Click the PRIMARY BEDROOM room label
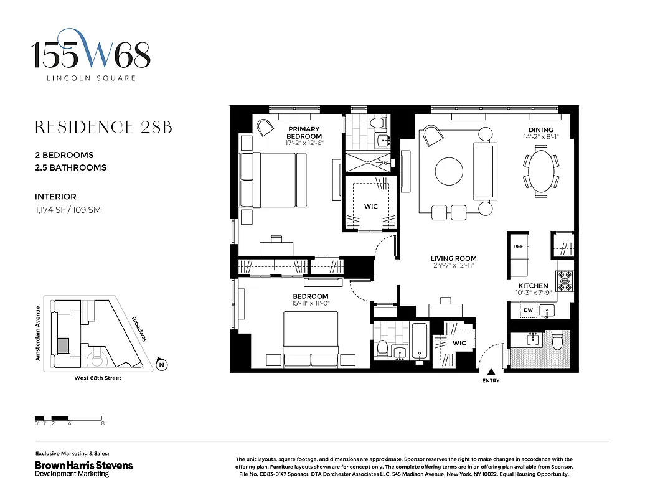pos(304,133)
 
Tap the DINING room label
pos(540,130)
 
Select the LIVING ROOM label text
pos(454,258)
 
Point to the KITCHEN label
pos(534,286)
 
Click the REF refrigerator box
pos(518,247)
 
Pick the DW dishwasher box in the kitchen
pos(527,310)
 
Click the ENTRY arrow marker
pos(491,372)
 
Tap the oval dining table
pos(541,172)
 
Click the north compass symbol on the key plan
pos(161,365)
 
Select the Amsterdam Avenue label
pos(38,334)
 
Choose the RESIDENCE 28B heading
pos(103,128)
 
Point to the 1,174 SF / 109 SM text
pos(68,210)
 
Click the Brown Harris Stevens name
pos(83,465)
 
